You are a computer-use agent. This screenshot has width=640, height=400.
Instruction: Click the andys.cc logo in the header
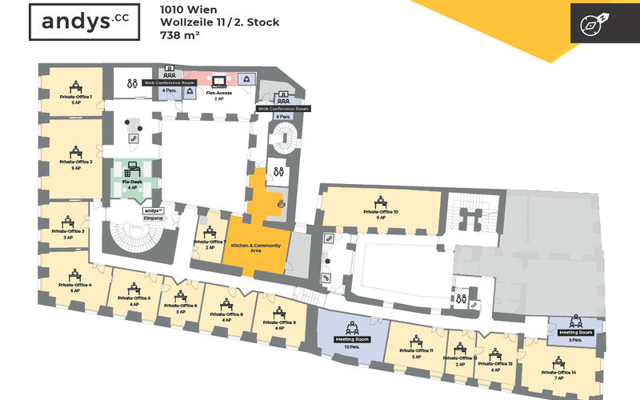(74, 22)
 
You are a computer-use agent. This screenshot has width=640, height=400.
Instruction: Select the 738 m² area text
(182, 35)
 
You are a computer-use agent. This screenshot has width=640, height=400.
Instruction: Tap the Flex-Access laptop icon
(218, 80)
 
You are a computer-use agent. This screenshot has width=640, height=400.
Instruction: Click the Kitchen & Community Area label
(257, 247)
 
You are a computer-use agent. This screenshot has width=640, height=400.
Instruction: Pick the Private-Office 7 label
(210, 241)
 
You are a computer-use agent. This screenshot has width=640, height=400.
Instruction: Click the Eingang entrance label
(153, 218)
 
